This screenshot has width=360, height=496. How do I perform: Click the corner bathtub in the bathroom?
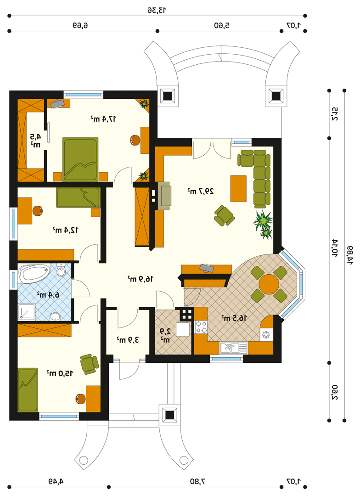click(34, 274)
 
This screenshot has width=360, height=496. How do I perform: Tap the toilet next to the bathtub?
click(61, 271)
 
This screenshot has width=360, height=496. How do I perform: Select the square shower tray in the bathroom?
click(27, 312)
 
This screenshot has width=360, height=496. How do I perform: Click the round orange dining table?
click(269, 284)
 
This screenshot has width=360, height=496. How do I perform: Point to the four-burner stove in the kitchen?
click(201, 327)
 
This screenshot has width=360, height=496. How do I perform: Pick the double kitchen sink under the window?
click(233, 348)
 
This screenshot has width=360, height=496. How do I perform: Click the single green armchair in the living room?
click(224, 216)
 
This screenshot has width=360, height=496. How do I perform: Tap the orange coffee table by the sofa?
click(238, 189)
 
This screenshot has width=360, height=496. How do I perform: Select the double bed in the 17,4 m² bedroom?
click(80, 159)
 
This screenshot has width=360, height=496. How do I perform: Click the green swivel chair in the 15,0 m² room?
click(89, 364)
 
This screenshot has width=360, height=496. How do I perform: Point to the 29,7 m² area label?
click(201, 192)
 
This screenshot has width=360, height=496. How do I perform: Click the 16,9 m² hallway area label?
click(141, 279)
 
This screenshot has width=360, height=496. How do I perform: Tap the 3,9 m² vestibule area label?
click(128, 340)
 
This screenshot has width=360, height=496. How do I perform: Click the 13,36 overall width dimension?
click(157, 10)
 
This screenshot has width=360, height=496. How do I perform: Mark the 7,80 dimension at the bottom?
click(198, 481)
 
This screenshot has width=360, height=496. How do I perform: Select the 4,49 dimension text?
click(56, 481)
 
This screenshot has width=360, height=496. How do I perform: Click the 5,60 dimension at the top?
click(221, 26)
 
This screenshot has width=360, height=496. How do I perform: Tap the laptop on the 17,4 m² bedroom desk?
click(57, 103)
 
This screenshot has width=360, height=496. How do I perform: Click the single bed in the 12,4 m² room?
click(79, 197)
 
